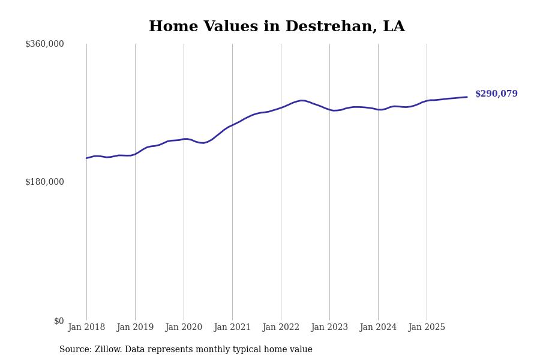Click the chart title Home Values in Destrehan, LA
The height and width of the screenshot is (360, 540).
(277, 27)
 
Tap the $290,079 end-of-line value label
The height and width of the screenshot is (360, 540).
(496, 94)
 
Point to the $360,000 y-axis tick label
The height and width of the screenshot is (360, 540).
(44, 44)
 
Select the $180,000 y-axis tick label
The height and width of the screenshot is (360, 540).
(44, 182)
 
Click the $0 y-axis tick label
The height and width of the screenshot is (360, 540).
(59, 321)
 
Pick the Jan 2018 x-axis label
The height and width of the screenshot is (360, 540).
(86, 328)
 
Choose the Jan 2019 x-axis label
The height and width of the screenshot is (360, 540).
(135, 328)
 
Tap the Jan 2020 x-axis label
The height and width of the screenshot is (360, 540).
(184, 328)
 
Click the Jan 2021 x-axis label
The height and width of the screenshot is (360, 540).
(232, 328)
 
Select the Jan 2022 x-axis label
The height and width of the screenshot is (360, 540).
(281, 328)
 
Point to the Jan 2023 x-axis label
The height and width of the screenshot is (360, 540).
(329, 328)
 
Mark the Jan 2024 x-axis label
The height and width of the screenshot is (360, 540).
(378, 328)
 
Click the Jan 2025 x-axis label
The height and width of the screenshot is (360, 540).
(427, 328)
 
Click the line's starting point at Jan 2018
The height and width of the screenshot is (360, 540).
(86, 158)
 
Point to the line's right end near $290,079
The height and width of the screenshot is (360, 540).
(467, 97)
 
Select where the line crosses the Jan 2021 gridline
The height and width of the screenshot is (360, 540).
(232, 125)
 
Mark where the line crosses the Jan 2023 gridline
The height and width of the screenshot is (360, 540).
(329, 110)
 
